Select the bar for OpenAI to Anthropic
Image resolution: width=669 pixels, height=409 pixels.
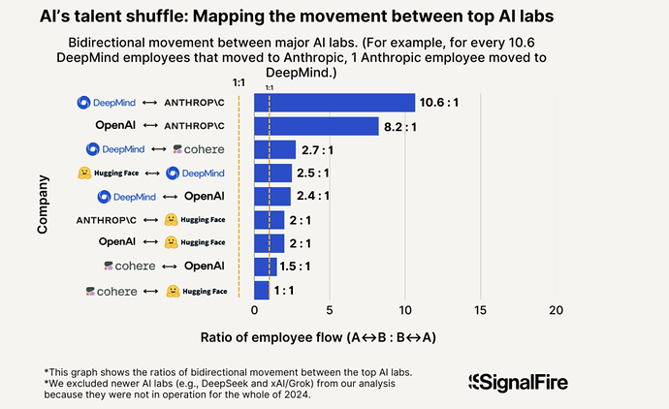(x=316, y=126)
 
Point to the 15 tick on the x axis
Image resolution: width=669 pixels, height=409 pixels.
(x=480, y=310)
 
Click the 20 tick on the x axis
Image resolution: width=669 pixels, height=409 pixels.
(x=556, y=310)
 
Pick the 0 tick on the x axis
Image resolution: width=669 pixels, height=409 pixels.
(x=254, y=310)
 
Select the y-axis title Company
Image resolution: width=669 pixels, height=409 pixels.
(x=44, y=203)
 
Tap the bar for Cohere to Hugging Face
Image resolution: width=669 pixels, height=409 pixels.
(x=262, y=290)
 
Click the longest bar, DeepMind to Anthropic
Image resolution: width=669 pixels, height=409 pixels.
(x=334, y=103)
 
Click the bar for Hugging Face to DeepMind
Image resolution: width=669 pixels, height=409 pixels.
(x=272, y=173)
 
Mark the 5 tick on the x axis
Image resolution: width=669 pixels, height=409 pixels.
(x=330, y=310)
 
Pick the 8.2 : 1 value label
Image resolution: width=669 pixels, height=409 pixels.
(x=403, y=126)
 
